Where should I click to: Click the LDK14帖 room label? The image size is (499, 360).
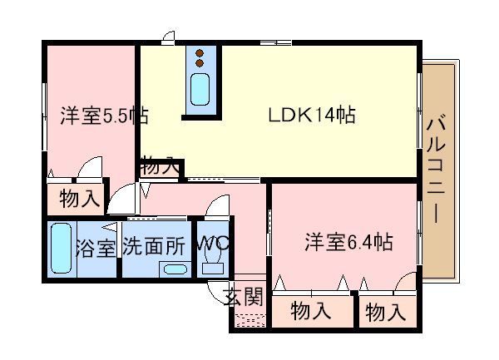click(312, 115)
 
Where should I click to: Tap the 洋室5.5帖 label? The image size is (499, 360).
click(105, 116)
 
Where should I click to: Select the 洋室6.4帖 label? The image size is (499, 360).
click(348, 242)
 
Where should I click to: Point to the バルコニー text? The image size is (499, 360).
click(436, 168)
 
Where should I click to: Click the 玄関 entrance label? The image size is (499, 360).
click(245, 297)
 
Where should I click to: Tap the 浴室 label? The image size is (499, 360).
click(96, 248)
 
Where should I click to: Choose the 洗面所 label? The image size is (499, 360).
click(154, 246)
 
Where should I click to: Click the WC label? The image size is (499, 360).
click(213, 244)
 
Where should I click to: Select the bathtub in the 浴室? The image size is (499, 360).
click(61, 248)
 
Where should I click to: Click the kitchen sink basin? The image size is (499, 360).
click(200, 89)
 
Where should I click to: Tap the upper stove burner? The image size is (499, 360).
click(200, 52)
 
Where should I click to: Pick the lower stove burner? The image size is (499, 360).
click(200, 63)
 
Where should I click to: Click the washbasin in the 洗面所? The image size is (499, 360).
click(175, 269)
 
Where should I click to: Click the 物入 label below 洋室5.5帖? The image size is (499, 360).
click(80, 199)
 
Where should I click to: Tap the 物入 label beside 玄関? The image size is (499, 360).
click(311, 310)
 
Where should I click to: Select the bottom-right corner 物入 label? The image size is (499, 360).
click(386, 312)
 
